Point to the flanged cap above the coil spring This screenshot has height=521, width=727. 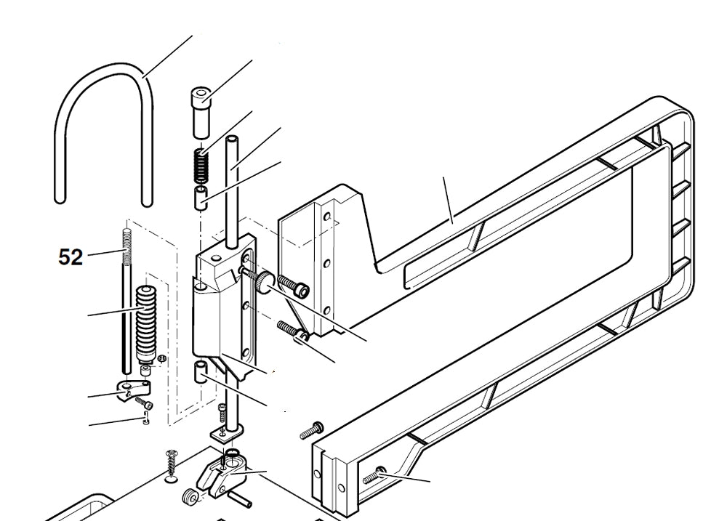[201, 110]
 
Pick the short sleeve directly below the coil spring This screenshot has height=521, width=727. [200, 196]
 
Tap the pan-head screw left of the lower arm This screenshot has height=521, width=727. [310, 431]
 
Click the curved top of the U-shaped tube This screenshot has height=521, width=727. [106, 69]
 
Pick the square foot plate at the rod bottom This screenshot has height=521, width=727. [227, 435]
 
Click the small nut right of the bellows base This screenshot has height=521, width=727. [162, 358]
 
